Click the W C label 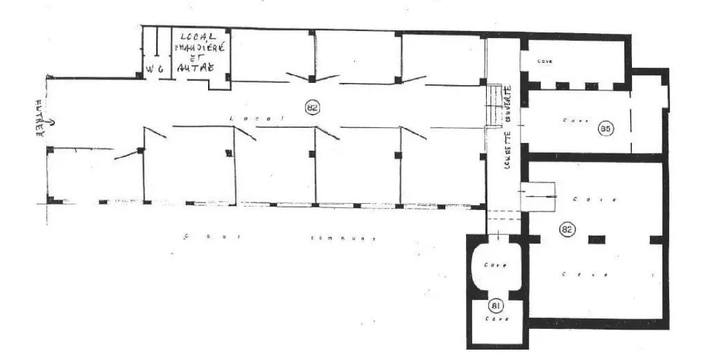coord(153,68)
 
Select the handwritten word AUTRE coord(195,68)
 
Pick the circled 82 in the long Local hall coord(313,106)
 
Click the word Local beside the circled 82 coord(257,119)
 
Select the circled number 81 coord(496,306)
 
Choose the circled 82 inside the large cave coord(567,229)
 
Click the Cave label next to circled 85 coord(576,120)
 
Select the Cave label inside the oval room coord(496,265)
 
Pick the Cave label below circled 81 coord(496,319)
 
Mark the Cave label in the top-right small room coord(546,61)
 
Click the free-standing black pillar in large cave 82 coord(596,239)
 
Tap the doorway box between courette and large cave coord(540,197)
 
